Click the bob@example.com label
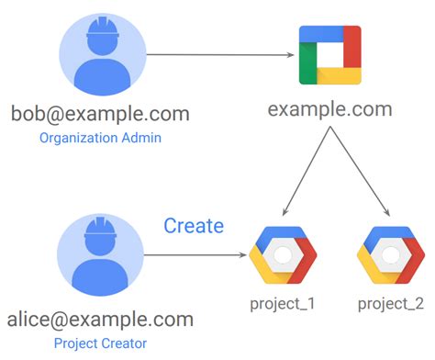(x=100, y=114)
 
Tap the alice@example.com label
(x=101, y=320)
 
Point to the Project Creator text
(x=101, y=343)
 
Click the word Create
(x=194, y=226)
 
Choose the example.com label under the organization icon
(x=329, y=109)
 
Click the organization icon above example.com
(x=329, y=55)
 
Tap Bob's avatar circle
(x=100, y=54)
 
